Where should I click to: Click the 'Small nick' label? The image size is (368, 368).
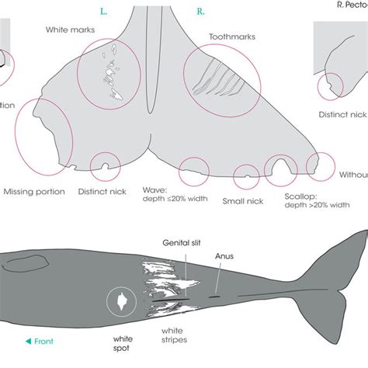(x=243, y=201)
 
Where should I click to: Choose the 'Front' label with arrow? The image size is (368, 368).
(x=38, y=339)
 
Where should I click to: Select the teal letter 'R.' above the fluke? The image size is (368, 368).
(x=201, y=12)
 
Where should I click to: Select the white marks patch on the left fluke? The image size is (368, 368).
(x=109, y=76)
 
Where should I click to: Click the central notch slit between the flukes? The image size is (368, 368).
(x=150, y=70)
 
